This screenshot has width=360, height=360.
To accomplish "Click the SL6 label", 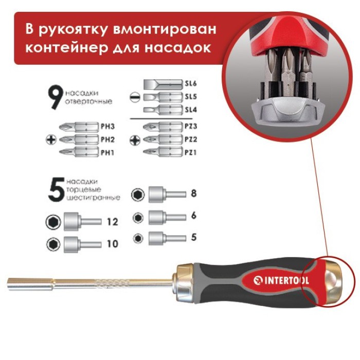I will coord(191,83).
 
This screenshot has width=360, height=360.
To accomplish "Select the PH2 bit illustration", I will coord(78,139).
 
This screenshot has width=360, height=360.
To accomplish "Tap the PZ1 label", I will coord(191,153).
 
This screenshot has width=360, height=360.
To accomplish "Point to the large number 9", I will coord(55,96).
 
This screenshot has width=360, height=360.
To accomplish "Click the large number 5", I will coord(55,189).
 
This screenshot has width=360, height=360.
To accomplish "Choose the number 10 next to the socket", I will coord(113,244).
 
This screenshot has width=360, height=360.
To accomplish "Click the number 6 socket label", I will coord(193,216).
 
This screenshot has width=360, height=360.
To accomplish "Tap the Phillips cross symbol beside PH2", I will coord(51,139).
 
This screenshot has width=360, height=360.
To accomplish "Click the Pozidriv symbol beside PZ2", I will coord(135,139).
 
